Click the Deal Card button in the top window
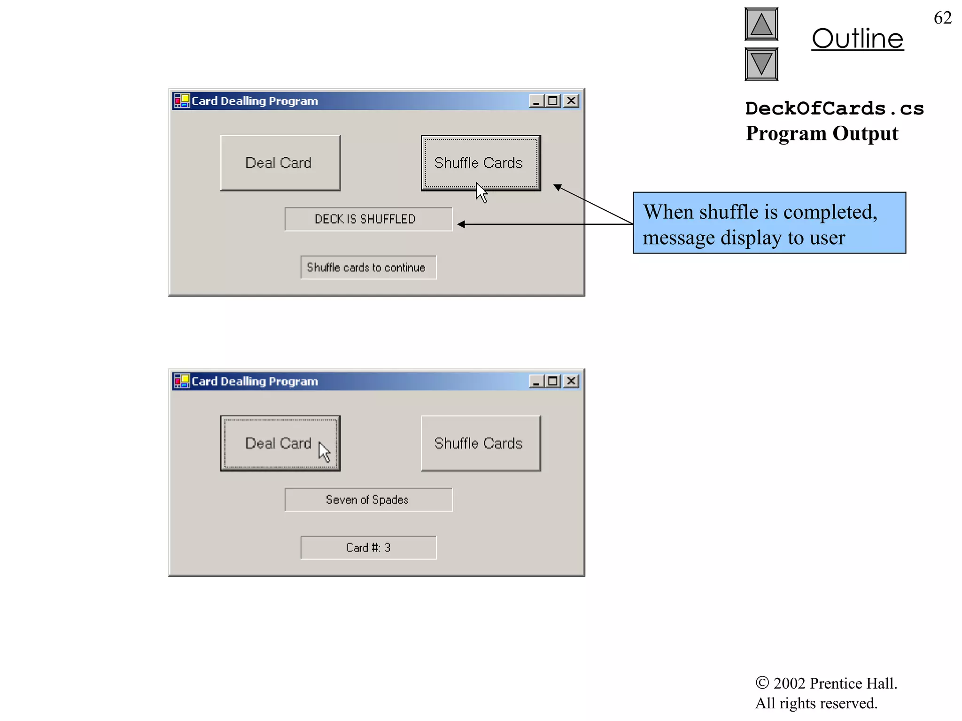pyautogui.click(x=280, y=163)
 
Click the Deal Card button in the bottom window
pyautogui.click(x=280, y=443)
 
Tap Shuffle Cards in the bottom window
pyautogui.click(x=481, y=443)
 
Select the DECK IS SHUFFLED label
pyautogui.click(x=368, y=219)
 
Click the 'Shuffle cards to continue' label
pyautogui.click(x=368, y=267)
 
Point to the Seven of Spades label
pyautogui.click(x=368, y=499)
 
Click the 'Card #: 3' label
pyautogui.click(x=368, y=547)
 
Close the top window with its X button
pyautogui.click(x=571, y=101)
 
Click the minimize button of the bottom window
pyautogui.click(x=536, y=381)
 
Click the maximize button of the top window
pyautogui.click(x=553, y=101)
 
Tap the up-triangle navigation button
pyautogui.click(x=761, y=24)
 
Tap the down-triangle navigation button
pyautogui.click(x=761, y=64)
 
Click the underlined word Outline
pyautogui.click(x=857, y=38)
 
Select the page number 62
pyautogui.click(x=942, y=18)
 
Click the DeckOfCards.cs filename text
pyautogui.click(x=834, y=108)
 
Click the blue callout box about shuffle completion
pyautogui.click(x=769, y=223)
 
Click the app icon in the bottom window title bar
pyautogui.click(x=182, y=381)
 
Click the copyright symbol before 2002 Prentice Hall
pyautogui.click(x=762, y=683)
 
